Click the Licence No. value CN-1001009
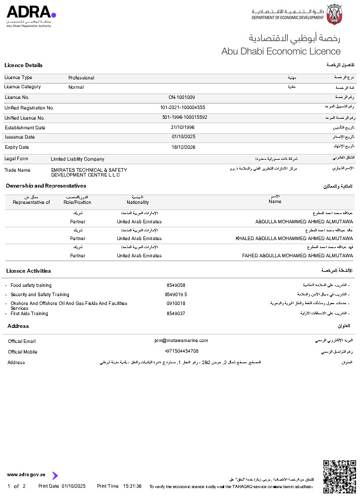click(x=182, y=97)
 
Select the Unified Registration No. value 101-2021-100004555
click(x=183, y=108)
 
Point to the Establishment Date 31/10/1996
click(x=183, y=128)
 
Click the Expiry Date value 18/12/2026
click(x=184, y=147)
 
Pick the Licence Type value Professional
click(x=81, y=78)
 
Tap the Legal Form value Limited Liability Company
click(x=78, y=159)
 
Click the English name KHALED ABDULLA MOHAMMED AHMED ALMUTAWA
click(x=294, y=238)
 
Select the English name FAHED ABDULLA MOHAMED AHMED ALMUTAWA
click(x=298, y=256)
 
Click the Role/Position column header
click(x=77, y=202)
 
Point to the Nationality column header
click(x=138, y=202)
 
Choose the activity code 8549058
click(x=176, y=286)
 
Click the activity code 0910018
click(x=176, y=303)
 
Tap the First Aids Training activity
click(x=29, y=313)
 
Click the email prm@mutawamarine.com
click(x=181, y=341)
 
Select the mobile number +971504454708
click(x=181, y=351)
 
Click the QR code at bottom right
click(x=340, y=476)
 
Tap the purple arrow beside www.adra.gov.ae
click(x=55, y=475)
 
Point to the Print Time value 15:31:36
click(x=132, y=486)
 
